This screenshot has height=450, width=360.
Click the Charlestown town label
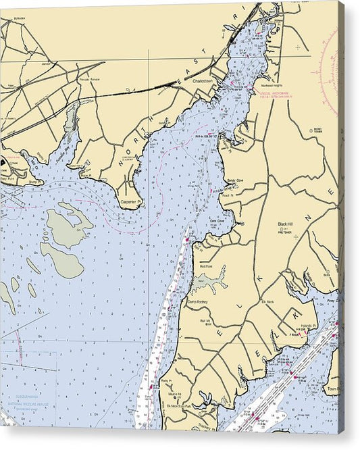click(x=202, y=80)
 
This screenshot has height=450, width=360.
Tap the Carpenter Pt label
click(x=130, y=201)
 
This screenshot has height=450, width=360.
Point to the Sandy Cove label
click(x=234, y=181)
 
